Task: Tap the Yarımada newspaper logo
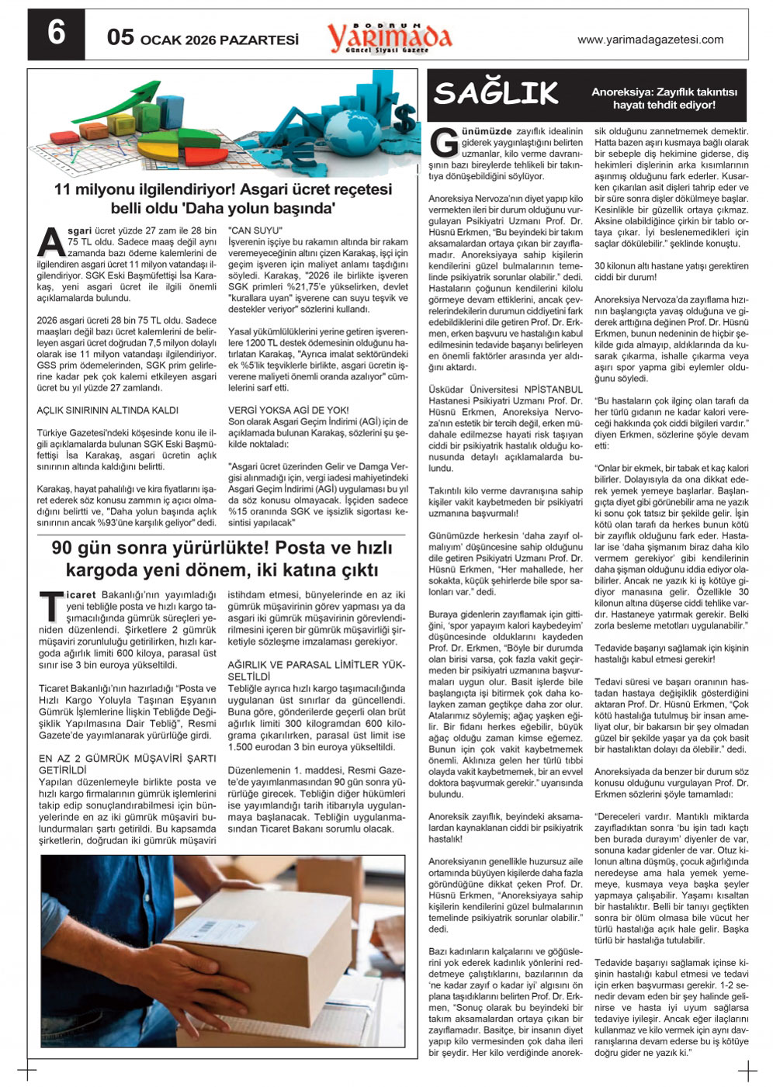coord(389,36)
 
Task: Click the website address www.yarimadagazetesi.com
coord(650,40)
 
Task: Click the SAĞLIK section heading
coord(496,93)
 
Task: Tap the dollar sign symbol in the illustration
coord(404,116)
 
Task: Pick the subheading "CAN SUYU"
coord(255,230)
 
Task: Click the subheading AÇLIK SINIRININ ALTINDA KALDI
coord(107,410)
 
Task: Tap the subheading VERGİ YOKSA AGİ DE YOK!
coord(288,410)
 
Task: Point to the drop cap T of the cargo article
coord(51,606)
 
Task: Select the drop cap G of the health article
coord(444,143)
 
